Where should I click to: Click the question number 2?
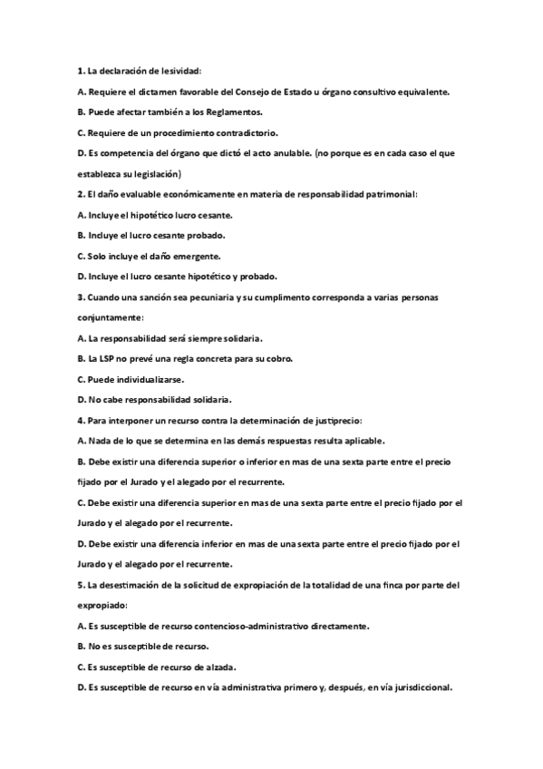click(77, 194)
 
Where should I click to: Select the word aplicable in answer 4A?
click(364, 442)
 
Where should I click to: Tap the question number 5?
click(77, 585)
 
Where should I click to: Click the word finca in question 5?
click(373, 585)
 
